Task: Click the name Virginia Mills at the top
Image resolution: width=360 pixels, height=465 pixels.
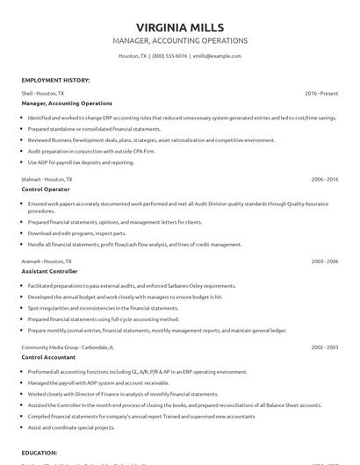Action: click(x=179, y=25)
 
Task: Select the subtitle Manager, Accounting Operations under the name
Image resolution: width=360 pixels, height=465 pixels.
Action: click(x=179, y=40)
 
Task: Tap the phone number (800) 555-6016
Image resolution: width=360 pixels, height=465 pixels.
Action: click(x=169, y=55)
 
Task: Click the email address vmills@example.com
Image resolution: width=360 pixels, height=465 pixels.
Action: click(x=217, y=55)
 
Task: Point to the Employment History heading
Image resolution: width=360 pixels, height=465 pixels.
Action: click(x=54, y=80)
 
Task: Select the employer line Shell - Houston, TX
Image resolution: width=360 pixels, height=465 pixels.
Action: click(x=42, y=93)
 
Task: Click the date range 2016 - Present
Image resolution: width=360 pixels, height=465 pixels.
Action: click(x=321, y=93)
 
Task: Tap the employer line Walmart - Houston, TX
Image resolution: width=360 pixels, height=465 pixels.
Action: click(x=47, y=179)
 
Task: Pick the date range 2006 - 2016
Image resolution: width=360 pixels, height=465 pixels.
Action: click(x=325, y=179)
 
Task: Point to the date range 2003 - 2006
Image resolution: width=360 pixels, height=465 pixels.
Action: click(x=325, y=261)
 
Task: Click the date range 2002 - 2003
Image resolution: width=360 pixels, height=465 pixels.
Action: click(x=325, y=347)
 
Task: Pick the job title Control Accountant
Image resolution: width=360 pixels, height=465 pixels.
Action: click(x=50, y=357)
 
